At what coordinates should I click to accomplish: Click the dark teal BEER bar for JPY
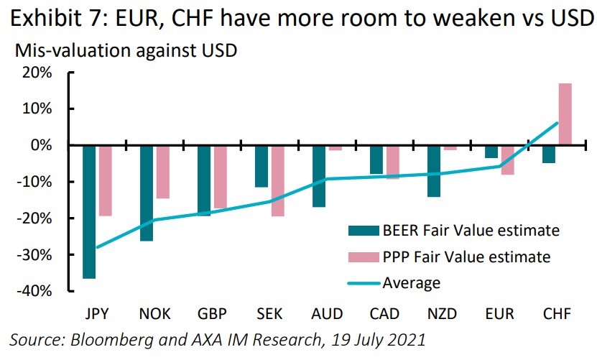pos(90,211)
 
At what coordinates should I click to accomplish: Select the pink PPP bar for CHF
pos(565,114)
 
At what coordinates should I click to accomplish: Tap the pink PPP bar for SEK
pos(278,180)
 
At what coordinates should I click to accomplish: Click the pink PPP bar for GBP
pos(221,176)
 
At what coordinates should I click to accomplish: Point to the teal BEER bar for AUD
pos(319,176)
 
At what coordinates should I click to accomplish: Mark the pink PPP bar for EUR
pos(508,160)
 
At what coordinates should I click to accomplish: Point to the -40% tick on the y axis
pos(70,291)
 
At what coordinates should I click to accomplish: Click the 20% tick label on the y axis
pos(37,73)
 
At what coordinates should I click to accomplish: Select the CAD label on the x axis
pos(384,314)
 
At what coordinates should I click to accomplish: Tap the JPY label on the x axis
pos(97,314)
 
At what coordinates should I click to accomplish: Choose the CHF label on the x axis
pos(557,314)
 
